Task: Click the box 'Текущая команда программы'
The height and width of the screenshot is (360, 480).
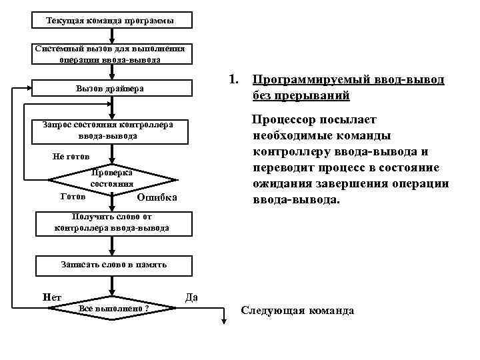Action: (111, 21)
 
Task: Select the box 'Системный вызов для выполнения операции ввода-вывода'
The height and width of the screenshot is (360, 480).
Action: (111, 54)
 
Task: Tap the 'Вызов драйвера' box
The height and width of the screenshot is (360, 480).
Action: (111, 89)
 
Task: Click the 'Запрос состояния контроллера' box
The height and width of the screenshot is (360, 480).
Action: (111, 131)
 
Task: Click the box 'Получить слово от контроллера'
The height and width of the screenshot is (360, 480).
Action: (111, 223)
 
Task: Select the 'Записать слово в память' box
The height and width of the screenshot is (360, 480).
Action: (113, 265)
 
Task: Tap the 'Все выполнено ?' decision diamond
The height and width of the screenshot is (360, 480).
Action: (113, 308)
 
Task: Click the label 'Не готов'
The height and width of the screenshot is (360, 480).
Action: (71, 157)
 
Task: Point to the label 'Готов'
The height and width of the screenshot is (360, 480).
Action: (72, 197)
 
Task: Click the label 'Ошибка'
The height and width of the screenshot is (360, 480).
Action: (156, 197)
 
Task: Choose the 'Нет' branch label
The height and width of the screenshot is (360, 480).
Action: (51, 297)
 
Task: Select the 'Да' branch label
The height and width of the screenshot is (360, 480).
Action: (191, 297)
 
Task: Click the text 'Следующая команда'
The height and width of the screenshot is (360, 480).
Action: (297, 311)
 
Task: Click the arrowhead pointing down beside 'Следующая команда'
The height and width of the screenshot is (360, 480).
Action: (224, 323)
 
